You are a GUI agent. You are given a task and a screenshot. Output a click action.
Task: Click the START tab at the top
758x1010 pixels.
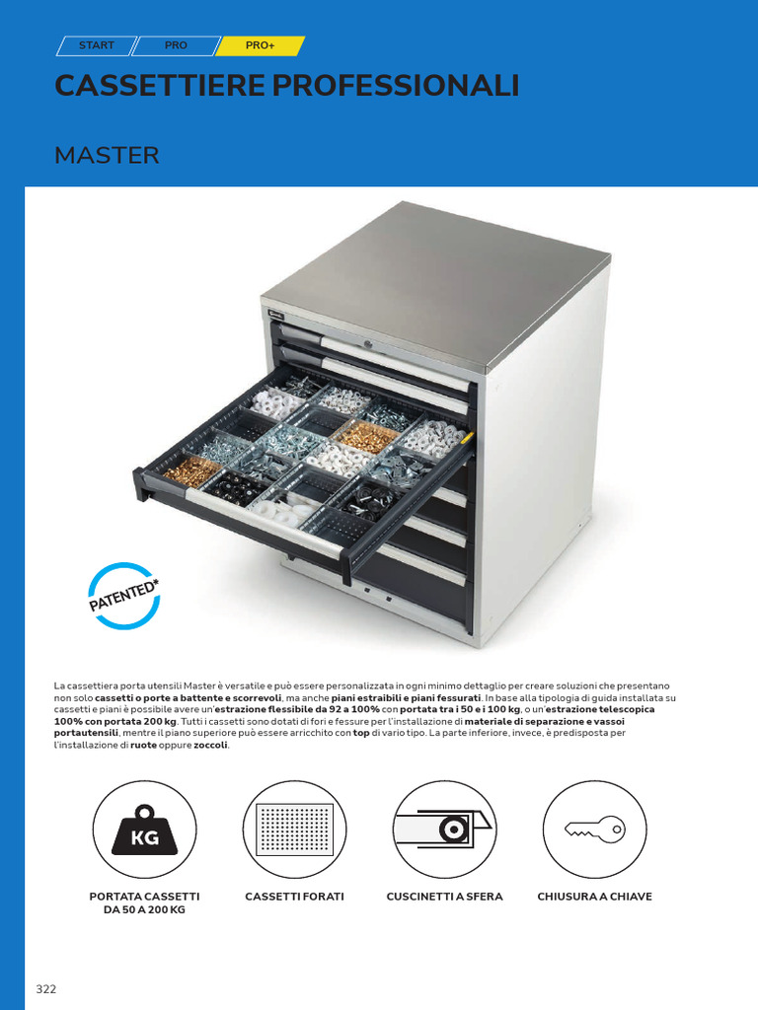coord(97,45)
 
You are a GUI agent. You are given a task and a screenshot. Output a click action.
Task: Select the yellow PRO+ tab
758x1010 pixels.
coord(260,45)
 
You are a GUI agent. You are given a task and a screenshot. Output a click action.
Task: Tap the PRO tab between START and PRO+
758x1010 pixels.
coord(176,45)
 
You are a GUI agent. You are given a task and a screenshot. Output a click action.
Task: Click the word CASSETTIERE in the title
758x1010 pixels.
coord(160,86)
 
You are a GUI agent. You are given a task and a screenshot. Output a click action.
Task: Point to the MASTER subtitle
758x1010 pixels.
coord(107,155)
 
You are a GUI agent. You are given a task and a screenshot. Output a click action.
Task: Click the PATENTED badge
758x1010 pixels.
coord(123,596)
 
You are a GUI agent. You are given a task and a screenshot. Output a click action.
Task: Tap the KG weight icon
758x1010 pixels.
coord(144,830)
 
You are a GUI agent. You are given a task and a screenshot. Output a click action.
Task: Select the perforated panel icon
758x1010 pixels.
coord(294,830)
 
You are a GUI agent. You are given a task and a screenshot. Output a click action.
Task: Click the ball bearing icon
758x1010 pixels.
coord(445,830)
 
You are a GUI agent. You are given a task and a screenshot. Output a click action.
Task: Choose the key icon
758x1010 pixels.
coord(594,829)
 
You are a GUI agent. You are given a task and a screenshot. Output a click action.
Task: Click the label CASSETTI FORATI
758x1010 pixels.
coord(294,897)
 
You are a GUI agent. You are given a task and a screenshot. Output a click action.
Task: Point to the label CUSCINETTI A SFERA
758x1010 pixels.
coord(445,897)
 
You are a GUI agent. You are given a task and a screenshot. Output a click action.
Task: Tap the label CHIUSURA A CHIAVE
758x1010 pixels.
coord(594,897)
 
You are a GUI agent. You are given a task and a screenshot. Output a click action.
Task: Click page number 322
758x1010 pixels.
coord(46,989)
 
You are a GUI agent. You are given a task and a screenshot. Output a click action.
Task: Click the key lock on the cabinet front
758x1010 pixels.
coord(369,344)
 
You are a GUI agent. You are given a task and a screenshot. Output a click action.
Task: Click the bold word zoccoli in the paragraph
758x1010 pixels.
coord(211,746)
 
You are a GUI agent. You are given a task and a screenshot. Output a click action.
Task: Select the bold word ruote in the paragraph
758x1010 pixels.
coord(144,746)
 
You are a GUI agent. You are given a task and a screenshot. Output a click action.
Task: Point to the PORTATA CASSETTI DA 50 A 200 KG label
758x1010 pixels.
coord(144,903)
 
